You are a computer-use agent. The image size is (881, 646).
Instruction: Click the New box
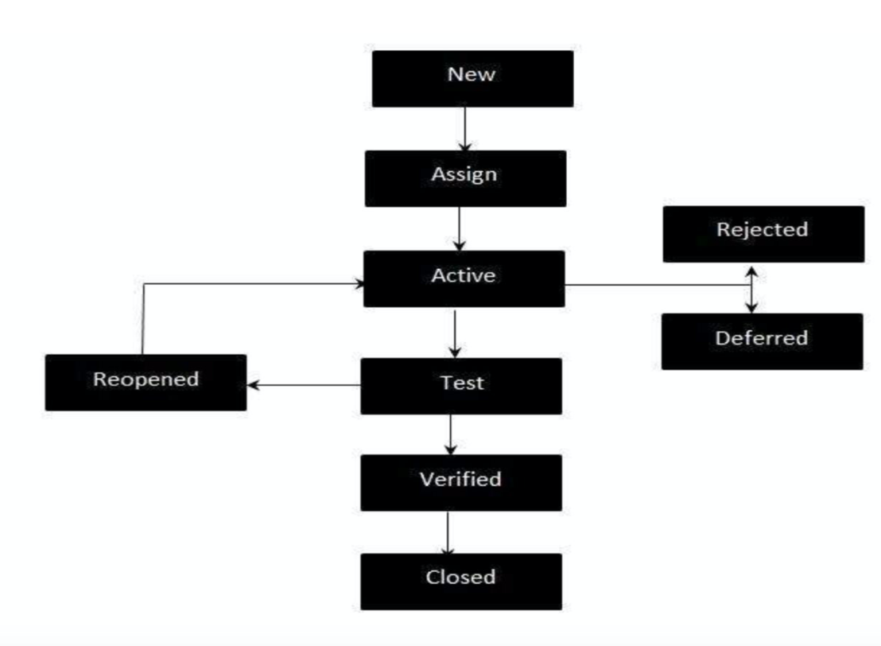(x=472, y=79)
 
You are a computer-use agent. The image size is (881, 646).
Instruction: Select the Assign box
(x=465, y=178)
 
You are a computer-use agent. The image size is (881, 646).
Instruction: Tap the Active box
(x=464, y=278)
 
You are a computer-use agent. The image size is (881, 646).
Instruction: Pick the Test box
(x=461, y=386)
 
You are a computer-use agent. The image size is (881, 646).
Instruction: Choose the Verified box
(x=461, y=482)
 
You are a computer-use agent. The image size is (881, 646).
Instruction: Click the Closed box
(x=461, y=581)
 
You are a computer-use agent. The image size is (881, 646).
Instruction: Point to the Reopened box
(x=146, y=383)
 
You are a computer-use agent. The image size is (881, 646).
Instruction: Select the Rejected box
(x=763, y=234)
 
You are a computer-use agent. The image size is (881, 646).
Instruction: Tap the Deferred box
(x=762, y=341)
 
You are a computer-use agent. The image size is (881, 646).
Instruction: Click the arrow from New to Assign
(x=465, y=128)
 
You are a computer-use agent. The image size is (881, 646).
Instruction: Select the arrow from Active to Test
(x=454, y=333)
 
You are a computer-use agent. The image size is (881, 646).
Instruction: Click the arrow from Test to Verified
(x=451, y=434)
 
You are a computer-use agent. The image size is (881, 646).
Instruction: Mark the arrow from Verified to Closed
(x=448, y=532)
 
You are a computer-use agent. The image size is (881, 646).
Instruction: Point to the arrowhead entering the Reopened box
(x=254, y=385)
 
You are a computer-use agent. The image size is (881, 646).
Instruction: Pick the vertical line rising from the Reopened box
(x=143, y=318)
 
